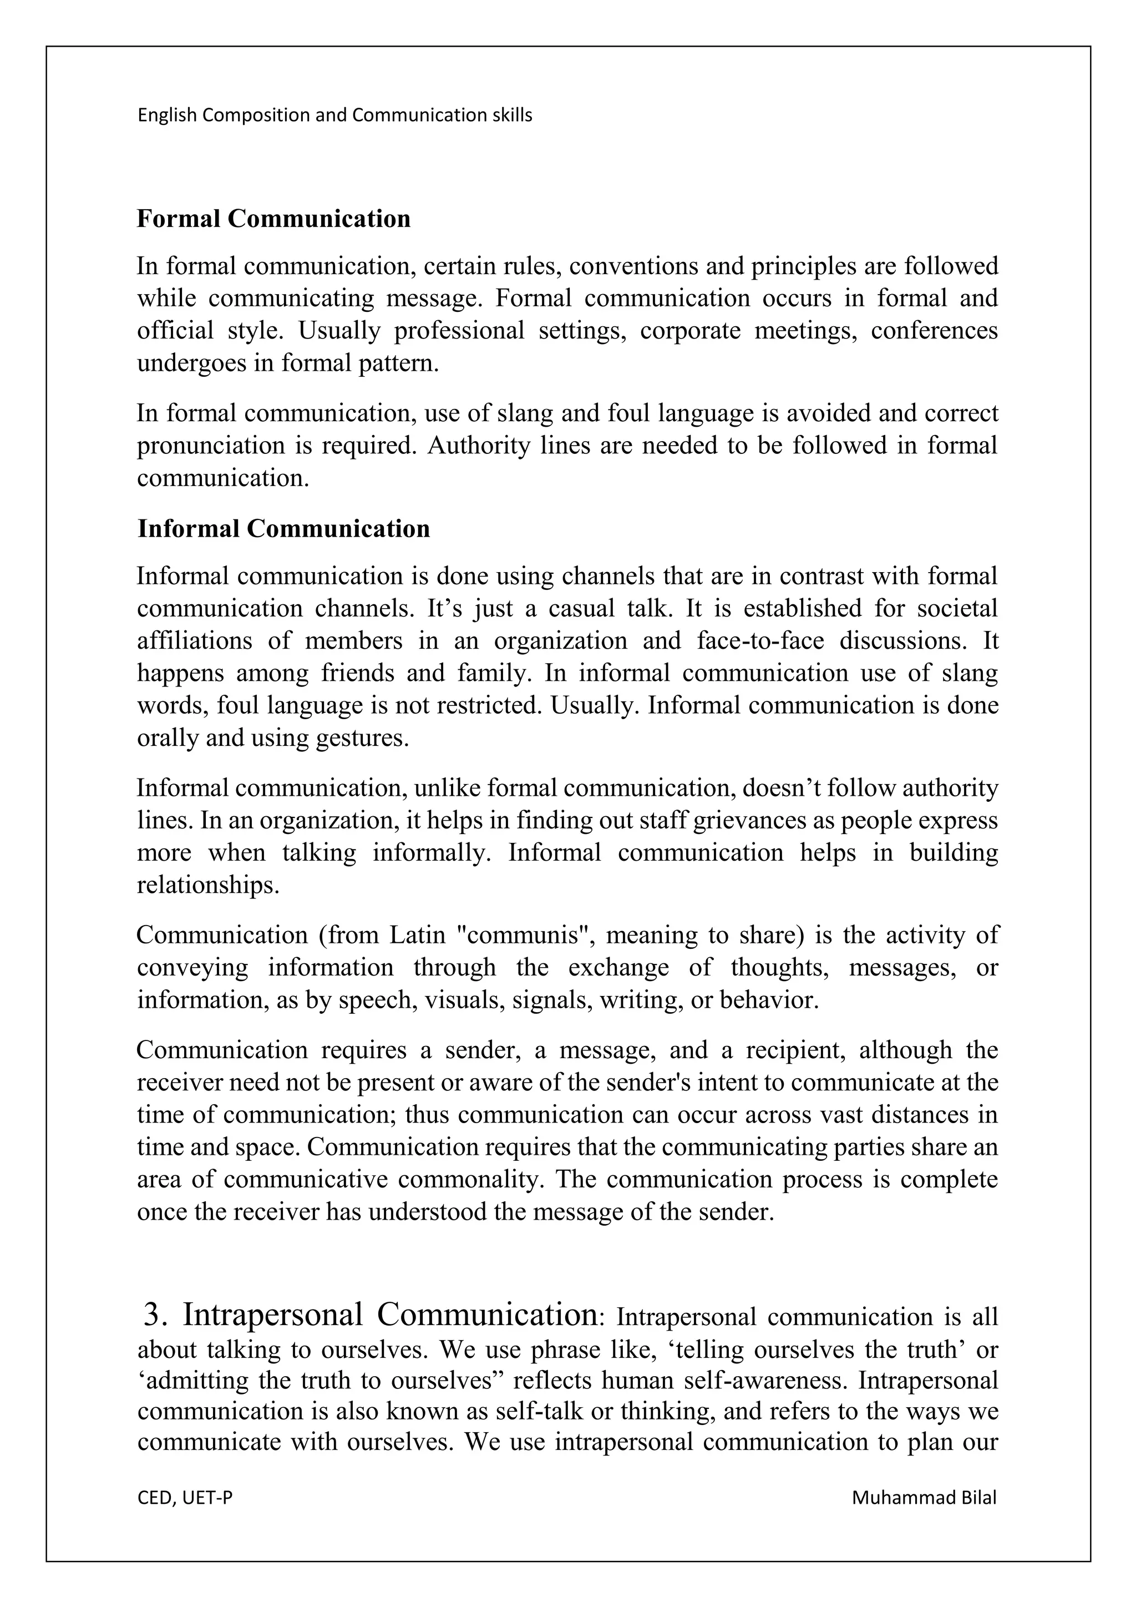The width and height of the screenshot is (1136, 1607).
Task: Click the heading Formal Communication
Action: pyautogui.click(x=273, y=219)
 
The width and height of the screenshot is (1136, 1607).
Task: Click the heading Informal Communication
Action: pyautogui.click(x=283, y=528)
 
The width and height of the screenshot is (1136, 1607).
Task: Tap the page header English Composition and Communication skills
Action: pyautogui.click(x=334, y=115)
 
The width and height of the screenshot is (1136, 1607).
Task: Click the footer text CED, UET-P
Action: pyautogui.click(x=185, y=1498)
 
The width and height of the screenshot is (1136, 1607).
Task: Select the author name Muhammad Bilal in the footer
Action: pyautogui.click(x=924, y=1498)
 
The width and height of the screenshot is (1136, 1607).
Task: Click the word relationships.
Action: pyautogui.click(x=208, y=886)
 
